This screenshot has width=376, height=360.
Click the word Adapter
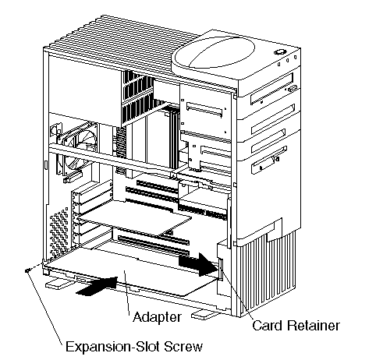point(157,317)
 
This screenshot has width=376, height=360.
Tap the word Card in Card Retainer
point(267,325)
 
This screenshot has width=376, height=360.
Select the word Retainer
point(313,325)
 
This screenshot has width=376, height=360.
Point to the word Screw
point(183,346)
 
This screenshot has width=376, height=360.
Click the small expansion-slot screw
point(27,271)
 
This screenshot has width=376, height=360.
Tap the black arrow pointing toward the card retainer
point(199,263)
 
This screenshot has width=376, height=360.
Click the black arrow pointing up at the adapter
point(98,286)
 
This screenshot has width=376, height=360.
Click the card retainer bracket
point(221,269)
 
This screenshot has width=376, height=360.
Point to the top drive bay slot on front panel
point(272,88)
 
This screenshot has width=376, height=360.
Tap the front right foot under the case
point(204,315)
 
